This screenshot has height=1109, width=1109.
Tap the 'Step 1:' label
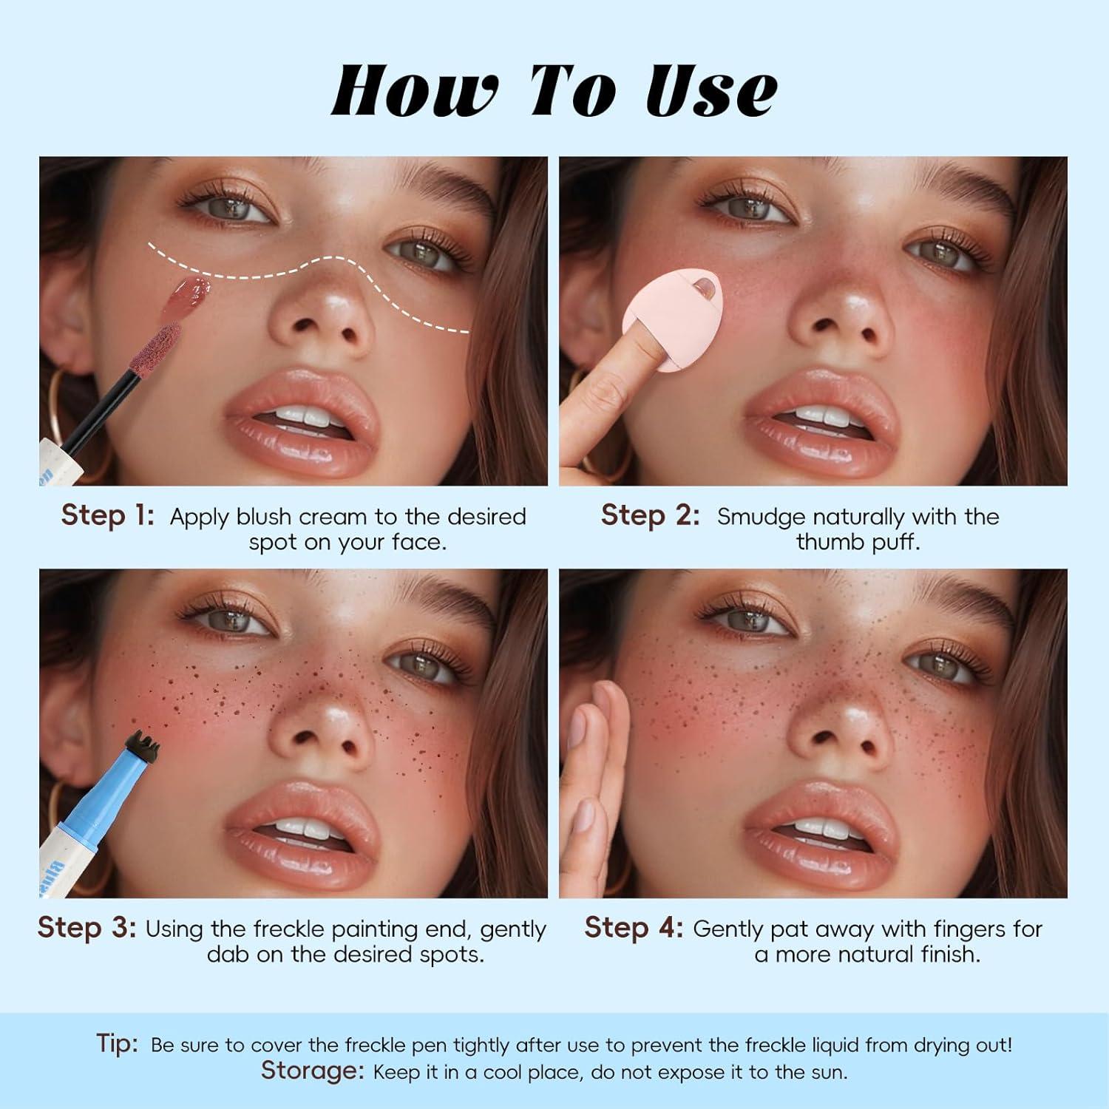click(108, 515)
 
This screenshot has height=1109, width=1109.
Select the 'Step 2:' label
click(650, 515)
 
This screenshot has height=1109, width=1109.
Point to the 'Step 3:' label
click(87, 927)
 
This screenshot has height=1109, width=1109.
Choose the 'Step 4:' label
click(634, 927)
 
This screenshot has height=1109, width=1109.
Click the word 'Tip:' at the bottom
click(118, 1043)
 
